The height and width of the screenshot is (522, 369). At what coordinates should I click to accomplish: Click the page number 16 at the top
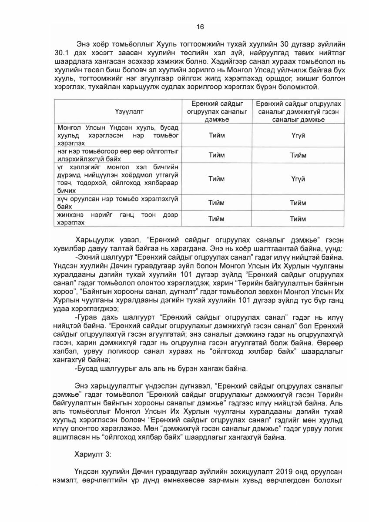pos(200,27)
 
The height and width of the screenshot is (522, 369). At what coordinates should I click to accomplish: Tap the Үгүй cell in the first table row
pos(299,135)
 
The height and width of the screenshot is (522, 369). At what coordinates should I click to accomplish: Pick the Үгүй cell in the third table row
pos(299,179)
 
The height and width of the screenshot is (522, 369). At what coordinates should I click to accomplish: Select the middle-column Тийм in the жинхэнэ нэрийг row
pos(217,219)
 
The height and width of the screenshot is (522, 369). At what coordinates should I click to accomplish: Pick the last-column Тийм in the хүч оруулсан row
pos(299,203)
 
